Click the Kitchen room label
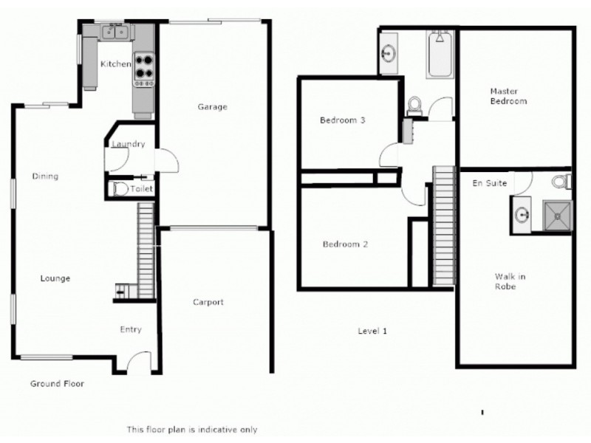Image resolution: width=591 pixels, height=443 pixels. click(115, 64)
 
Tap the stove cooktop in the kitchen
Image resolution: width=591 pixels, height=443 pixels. click(143, 68)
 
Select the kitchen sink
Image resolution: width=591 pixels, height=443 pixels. click(115, 31)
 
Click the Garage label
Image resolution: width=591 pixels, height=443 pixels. click(212, 107)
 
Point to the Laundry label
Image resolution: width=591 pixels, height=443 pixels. click(128, 145)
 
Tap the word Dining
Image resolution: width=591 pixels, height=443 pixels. click(45, 176)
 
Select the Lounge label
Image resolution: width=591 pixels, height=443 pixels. click(55, 278)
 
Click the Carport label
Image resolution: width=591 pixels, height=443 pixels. click(208, 302)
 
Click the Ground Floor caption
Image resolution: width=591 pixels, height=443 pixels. click(57, 384)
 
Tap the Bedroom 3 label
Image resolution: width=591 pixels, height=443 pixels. click(343, 120)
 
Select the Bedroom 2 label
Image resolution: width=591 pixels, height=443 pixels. click(345, 244)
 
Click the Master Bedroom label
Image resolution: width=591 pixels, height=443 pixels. click(508, 96)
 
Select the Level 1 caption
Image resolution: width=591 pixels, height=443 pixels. click(373, 331)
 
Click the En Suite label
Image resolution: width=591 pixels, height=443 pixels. click(490, 183)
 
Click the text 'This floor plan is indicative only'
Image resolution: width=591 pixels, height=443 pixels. click(191, 429)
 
